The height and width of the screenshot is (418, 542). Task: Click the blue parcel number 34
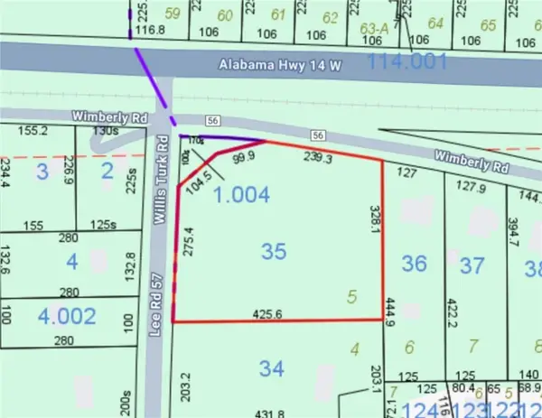point(269,368)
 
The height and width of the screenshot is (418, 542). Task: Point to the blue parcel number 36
point(414,263)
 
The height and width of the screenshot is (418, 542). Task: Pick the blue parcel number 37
point(472,265)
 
